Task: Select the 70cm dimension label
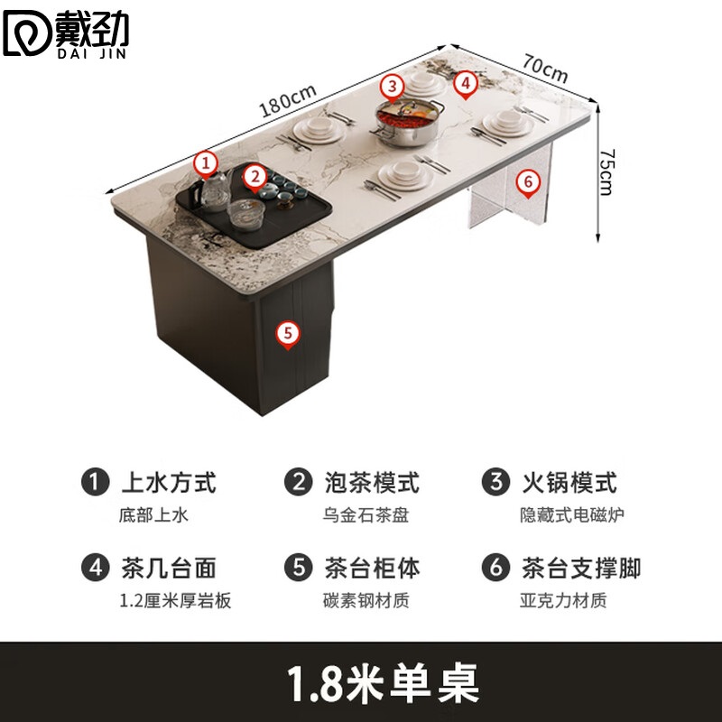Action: pos(544,66)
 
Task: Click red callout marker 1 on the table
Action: pos(207,163)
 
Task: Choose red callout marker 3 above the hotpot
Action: pos(391,87)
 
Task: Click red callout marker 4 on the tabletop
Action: pos(464,84)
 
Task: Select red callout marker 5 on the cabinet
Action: pos(287,333)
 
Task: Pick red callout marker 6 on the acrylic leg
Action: pos(528,181)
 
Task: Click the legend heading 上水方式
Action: pos(169,482)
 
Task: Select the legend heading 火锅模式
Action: pos(569,482)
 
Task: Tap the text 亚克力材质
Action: pos(562,600)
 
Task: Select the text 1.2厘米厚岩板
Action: pos(174,600)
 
